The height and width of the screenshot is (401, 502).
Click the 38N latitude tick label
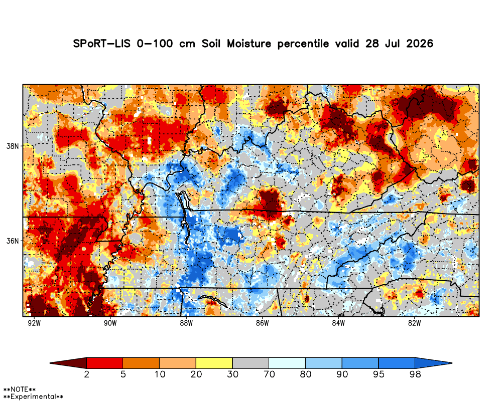click(13, 146)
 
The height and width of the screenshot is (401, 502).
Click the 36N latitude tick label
click(13, 241)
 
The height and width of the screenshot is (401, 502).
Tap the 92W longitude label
click(34, 323)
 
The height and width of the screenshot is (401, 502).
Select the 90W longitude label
click(110, 323)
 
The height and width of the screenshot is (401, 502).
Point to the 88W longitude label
click(186, 323)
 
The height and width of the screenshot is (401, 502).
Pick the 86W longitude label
click(262, 323)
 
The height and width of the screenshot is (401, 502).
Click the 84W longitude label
click(338, 323)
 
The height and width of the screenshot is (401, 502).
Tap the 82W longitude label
click(414, 323)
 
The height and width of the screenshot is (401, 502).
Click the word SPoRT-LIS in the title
click(102, 43)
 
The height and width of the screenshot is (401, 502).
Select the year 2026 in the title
click(420, 43)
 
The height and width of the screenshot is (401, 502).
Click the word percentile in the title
click(303, 44)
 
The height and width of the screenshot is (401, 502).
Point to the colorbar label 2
click(87, 374)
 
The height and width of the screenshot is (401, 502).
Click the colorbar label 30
click(233, 374)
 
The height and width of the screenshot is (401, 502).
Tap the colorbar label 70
click(269, 374)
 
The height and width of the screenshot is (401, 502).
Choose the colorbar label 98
click(415, 374)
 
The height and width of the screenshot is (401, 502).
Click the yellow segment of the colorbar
click(214, 363)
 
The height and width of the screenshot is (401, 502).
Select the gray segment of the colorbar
click(250, 363)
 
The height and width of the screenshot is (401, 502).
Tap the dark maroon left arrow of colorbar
click(68, 363)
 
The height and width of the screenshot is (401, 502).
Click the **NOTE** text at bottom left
click(19, 389)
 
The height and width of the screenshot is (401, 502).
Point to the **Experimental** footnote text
click(33, 397)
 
